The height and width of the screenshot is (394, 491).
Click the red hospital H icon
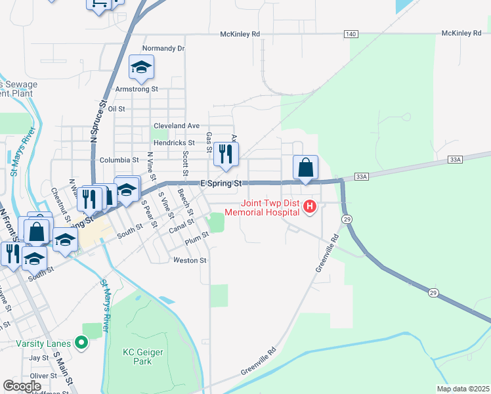310,208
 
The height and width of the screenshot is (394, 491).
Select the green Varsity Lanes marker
81,342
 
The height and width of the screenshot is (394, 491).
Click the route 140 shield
350,33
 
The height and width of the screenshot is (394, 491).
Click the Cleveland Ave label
176,125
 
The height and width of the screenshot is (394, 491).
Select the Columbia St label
119,160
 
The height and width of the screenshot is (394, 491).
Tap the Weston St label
190,260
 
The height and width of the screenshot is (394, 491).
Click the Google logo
22,386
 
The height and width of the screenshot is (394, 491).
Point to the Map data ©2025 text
463,389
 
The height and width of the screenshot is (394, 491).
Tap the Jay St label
39,358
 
